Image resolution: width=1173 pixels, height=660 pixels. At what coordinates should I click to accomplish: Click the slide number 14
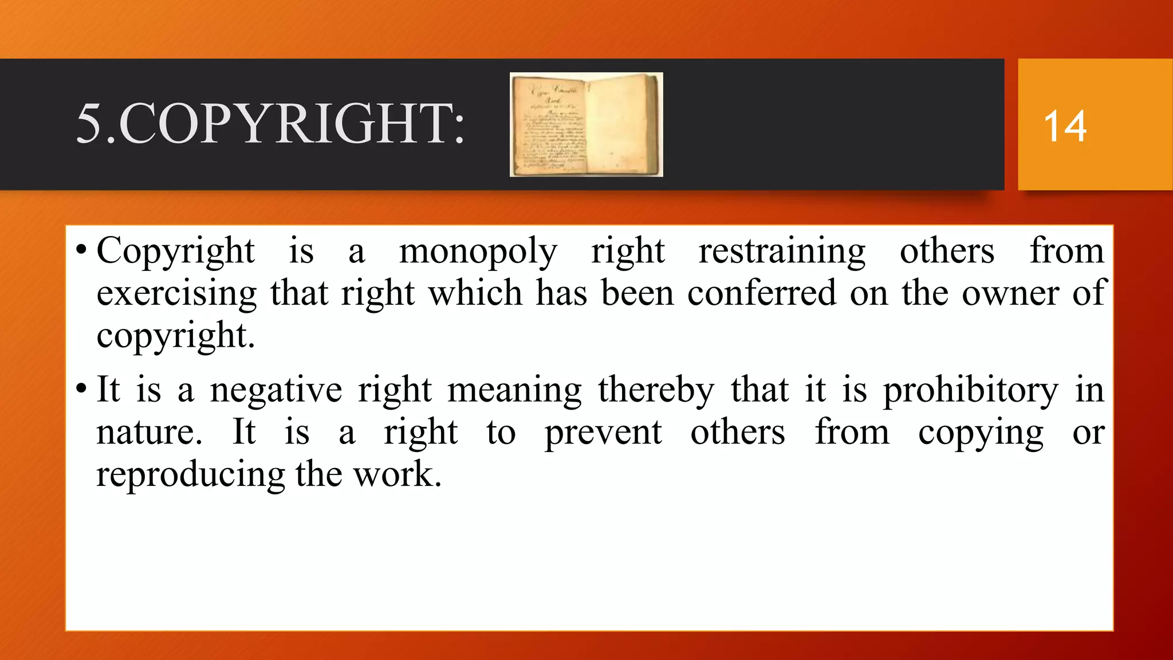(x=1065, y=126)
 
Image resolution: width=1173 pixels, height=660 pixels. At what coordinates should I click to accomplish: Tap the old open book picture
(x=586, y=124)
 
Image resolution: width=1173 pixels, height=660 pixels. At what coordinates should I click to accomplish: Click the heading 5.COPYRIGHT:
(x=270, y=124)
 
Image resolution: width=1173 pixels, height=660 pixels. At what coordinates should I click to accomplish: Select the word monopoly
(x=478, y=252)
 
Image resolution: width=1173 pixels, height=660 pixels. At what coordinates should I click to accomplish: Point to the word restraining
(x=782, y=252)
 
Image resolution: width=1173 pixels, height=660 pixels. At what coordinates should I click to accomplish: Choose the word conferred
(x=761, y=293)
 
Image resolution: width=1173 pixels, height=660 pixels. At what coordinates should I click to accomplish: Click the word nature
(x=149, y=433)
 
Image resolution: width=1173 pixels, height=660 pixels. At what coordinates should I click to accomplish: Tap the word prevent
(x=603, y=433)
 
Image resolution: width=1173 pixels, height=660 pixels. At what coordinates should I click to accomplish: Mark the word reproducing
(x=190, y=476)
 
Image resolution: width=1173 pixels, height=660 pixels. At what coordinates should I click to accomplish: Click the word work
(x=397, y=476)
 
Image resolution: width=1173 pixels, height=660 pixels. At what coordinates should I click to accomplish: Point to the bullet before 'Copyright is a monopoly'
(x=81, y=250)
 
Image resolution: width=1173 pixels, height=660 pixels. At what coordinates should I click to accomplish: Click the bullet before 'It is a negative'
(x=81, y=389)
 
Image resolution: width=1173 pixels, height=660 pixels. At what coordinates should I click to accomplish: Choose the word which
(x=475, y=293)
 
